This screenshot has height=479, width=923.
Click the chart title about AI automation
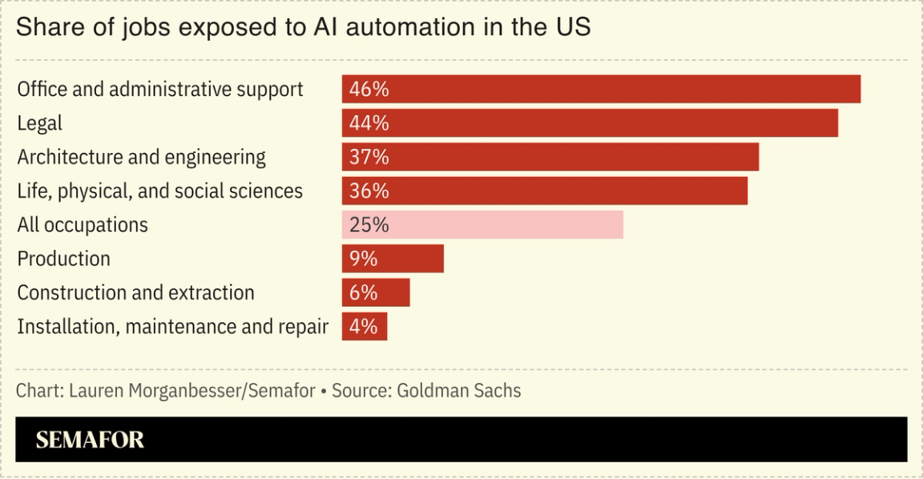pyautogui.click(x=303, y=28)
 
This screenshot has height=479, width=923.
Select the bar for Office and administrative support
pyautogui.click(x=601, y=89)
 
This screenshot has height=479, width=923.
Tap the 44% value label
pyautogui.click(x=369, y=123)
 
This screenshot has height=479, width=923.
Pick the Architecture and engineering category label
pyautogui.click(x=141, y=157)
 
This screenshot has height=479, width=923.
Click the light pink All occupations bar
pyautogui.click(x=482, y=225)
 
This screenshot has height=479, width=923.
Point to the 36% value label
pyautogui.click(x=369, y=191)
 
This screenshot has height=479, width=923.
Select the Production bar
pyautogui.click(x=393, y=259)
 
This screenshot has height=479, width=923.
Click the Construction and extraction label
pyautogui.click(x=135, y=293)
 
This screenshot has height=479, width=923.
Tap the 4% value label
pyautogui.click(x=363, y=327)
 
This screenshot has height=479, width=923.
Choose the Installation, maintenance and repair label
pyautogui.click(x=172, y=327)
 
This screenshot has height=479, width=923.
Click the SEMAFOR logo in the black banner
pyautogui.click(x=90, y=440)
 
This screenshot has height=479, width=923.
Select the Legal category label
pyautogui.click(x=39, y=123)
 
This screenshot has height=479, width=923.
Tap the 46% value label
pyautogui.click(x=369, y=89)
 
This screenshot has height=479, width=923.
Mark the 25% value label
pyautogui.click(x=369, y=225)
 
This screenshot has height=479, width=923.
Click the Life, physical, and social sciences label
pyautogui.click(x=159, y=191)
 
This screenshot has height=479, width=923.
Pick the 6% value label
pyautogui.click(x=363, y=293)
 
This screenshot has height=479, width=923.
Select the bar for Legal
pyautogui.click(x=590, y=123)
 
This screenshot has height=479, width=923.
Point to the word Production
pyautogui.click(x=63, y=259)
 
